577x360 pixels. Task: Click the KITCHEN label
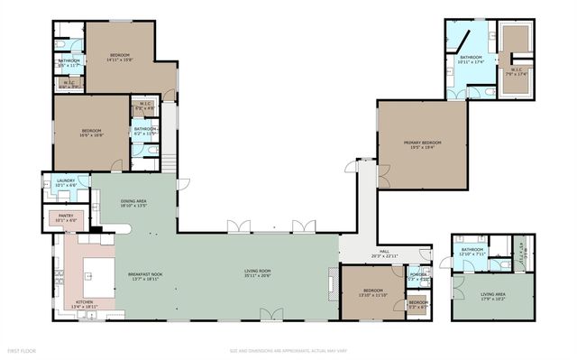pyautogui.click(x=84, y=301)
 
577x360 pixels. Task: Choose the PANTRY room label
pyautogui.click(x=66, y=217)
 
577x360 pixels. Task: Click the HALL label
pyautogui.click(x=384, y=253)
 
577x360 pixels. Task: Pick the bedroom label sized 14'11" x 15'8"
pyautogui.click(x=120, y=56)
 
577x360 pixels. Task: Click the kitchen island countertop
pyautogui.click(x=98, y=274)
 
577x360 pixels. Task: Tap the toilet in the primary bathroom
pyautogui.click(x=490, y=91)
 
